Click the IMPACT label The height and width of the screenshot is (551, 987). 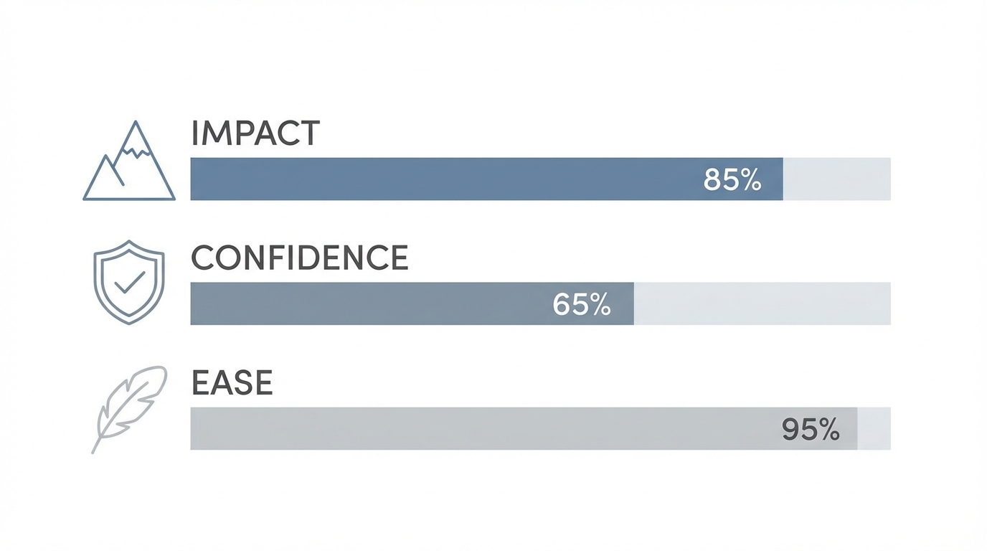(x=255, y=134)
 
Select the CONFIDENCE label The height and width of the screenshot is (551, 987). (x=299, y=258)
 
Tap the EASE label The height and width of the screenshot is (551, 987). (x=232, y=383)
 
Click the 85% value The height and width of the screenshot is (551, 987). (x=732, y=179)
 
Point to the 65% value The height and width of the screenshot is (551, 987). (x=582, y=304)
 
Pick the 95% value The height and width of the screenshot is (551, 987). (x=811, y=429)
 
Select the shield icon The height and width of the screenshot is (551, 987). (x=129, y=282)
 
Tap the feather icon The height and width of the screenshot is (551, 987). (x=130, y=407)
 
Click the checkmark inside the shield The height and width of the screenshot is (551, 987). (x=130, y=282)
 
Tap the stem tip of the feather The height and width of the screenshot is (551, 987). (x=94, y=451)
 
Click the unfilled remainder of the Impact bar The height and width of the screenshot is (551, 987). (x=836, y=179)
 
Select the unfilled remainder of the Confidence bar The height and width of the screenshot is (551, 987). (x=762, y=304)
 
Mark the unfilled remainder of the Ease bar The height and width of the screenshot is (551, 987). (x=874, y=429)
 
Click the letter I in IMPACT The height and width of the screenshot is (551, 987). (x=196, y=134)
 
